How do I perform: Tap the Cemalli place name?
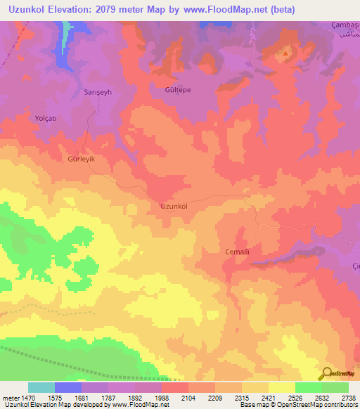pos(218,252)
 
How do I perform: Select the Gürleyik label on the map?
pos(80,160)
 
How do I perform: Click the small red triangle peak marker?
pos(285,53)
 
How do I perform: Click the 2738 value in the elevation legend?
pos(347,398)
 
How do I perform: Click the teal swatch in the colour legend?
pos(41,387)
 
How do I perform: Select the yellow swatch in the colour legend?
pos(281,387)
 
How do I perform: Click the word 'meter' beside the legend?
pos(8,398)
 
